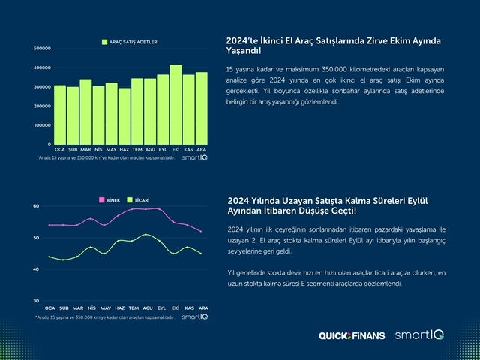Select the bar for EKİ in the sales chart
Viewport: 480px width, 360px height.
point(175,105)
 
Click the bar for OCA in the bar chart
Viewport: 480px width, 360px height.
point(60,115)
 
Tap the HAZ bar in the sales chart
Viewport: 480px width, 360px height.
point(124,116)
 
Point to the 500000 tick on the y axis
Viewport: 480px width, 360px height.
point(42,49)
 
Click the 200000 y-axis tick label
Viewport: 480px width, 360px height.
point(42,106)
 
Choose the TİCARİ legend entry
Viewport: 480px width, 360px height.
point(139,200)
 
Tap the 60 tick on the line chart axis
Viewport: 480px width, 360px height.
point(36,206)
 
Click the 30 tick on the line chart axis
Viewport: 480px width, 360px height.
point(36,301)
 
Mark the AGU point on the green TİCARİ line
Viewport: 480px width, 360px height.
point(147,235)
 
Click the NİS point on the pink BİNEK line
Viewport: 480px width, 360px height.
point(91,219)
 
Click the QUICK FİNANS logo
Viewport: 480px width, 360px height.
point(351,335)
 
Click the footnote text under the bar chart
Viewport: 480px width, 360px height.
point(104,158)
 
